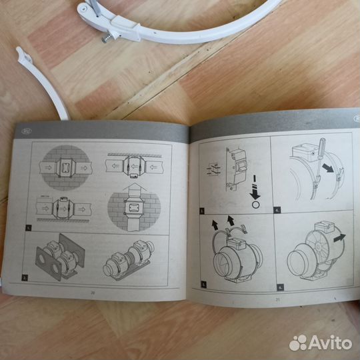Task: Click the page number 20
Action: tap(93, 291)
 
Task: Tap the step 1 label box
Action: tap(29, 227)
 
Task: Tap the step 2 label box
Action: tap(26, 276)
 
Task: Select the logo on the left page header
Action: tap(26, 131)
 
